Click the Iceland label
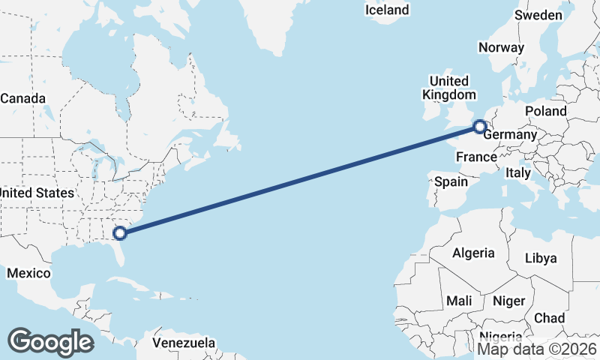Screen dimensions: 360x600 tap(387, 10)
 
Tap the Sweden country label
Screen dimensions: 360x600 tap(538, 15)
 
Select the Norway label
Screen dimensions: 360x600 tap(500, 46)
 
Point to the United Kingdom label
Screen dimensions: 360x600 tap(449, 88)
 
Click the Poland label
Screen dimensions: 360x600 tap(545, 110)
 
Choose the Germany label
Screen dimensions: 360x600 tap(510, 135)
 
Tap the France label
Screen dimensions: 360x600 tap(476, 157)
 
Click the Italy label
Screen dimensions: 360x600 tap(517, 172)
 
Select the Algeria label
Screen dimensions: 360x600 tap(473, 253)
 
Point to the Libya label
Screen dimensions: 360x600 tap(541, 258)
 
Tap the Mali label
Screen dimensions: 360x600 tap(459, 300)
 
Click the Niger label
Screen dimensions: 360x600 tap(508, 300)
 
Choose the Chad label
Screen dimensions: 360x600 tap(549, 318)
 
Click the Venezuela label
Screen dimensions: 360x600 tap(184, 343)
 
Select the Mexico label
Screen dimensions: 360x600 tap(28, 273)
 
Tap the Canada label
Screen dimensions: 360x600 tap(23, 98)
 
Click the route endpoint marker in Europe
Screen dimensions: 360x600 tap(480, 127)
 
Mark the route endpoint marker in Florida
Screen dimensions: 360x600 tap(119, 233)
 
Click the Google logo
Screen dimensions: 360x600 tap(50, 341)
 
